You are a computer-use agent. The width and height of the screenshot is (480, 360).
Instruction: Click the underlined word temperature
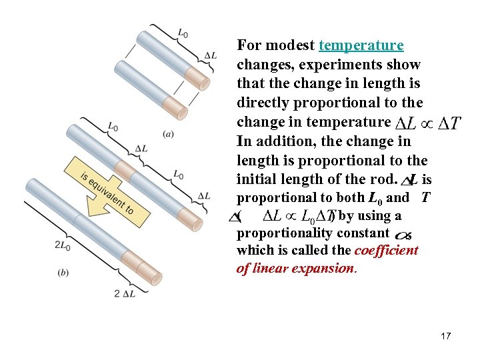(361, 46)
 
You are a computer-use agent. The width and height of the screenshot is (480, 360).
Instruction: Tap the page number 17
(445, 336)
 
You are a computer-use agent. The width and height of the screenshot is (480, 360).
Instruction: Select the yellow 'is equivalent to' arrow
(109, 190)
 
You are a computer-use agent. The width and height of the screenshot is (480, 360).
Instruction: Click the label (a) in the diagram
(169, 133)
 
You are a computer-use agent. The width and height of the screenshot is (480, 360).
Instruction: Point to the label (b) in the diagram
(64, 271)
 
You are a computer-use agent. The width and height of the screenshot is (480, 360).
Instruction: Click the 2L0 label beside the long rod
(63, 245)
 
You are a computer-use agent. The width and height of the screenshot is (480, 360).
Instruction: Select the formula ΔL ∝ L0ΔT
(299, 216)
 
